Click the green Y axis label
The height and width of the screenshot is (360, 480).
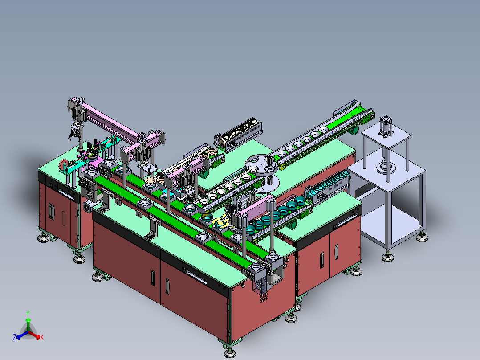(28, 313)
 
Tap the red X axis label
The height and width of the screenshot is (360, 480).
(42, 337)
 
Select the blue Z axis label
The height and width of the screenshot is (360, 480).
(15, 337)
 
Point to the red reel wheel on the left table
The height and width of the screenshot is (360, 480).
(63, 165)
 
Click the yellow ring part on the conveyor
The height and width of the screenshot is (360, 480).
(221, 223)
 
